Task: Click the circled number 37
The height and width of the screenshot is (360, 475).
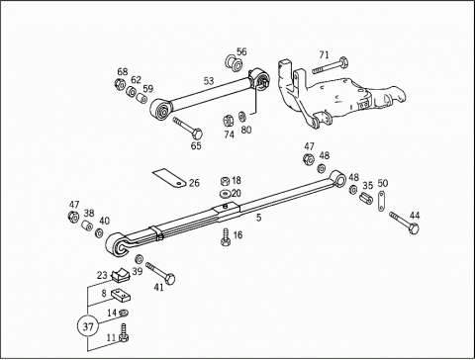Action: pyautogui.click(x=88, y=326)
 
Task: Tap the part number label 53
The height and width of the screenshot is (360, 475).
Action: pyautogui.click(x=209, y=81)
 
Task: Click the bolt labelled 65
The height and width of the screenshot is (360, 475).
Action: pyautogui.click(x=187, y=129)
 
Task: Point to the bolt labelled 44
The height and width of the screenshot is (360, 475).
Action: pyautogui.click(x=404, y=223)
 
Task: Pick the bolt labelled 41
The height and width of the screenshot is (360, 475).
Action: pyautogui.click(x=160, y=273)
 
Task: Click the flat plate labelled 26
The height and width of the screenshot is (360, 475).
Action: pyautogui.click(x=169, y=178)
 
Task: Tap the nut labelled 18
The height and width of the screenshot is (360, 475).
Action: pyautogui.click(x=225, y=181)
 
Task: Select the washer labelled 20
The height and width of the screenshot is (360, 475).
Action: pyautogui.click(x=226, y=193)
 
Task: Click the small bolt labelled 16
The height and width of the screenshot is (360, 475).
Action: pyautogui.click(x=226, y=236)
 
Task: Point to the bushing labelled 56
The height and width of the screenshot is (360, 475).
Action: pyautogui.click(x=235, y=63)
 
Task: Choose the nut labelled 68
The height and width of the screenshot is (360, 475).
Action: pyautogui.click(x=120, y=84)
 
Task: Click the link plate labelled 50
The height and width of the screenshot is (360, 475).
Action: pyautogui.click(x=381, y=201)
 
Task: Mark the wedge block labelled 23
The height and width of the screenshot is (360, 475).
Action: pyautogui.click(x=121, y=275)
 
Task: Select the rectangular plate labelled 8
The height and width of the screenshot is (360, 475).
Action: pyautogui.click(x=121, y=296)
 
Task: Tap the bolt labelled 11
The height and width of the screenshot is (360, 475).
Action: pyautogui.click(x=124, y=333)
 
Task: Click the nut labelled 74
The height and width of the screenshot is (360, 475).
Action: pyautogui.click(x=228, y=121)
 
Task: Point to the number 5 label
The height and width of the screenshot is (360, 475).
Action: pyautogui.click(x=259, y=218)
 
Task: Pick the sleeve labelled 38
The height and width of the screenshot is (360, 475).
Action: pyautogui.click(x=87, y=225)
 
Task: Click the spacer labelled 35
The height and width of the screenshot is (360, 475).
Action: pyautogui.click(x=366, y=198)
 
